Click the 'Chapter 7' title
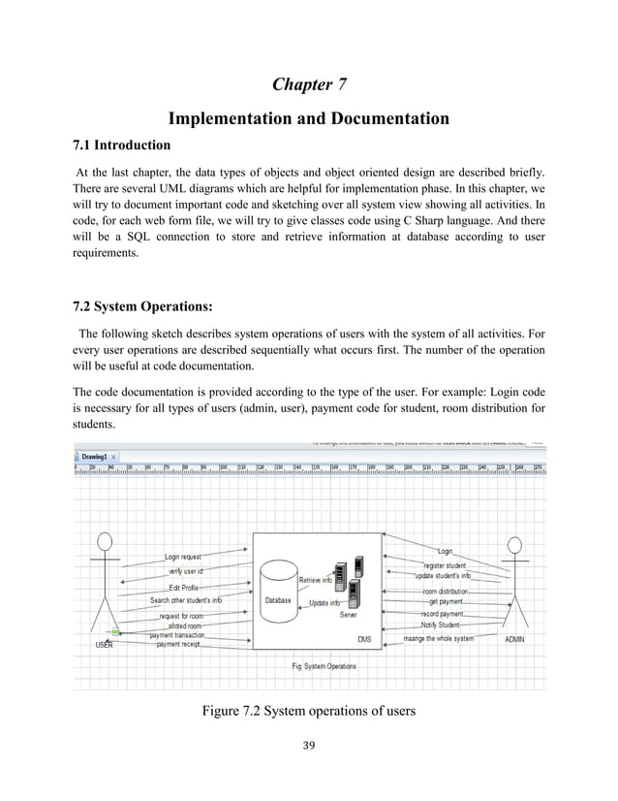(x=309, y=83)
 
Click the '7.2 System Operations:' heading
(x=143, y=309)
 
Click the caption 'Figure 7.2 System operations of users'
(x=308, y=712)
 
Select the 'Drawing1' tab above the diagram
(x=94, y=456)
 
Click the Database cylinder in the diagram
(x=278, y=593)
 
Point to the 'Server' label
(x=348, y=615)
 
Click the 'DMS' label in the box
(x=364, y=640)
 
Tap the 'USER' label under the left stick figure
(x=104, y=644)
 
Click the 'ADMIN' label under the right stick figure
(x=516, y=639)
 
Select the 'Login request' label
(x=183, y=558)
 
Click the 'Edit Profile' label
(x=184, y=588)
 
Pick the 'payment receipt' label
(x=177, y=644)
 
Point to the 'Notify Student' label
(x=441, y=625)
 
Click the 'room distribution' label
(x=445, y=591)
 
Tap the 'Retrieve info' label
(x=315, y=580)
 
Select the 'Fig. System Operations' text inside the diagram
(x=324, y=666)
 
